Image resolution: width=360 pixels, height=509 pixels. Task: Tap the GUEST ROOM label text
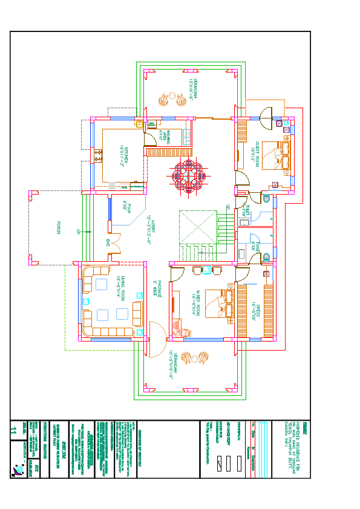pyautogui.click(x=255, y=151)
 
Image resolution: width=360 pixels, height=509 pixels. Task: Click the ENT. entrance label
pyautogui.click(x=108, y=244)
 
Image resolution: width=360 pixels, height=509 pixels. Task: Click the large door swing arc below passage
pyautogui.click(x=155, y=339)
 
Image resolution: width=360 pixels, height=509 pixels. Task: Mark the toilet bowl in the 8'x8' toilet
pyautogui.click(x=267, y=258)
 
